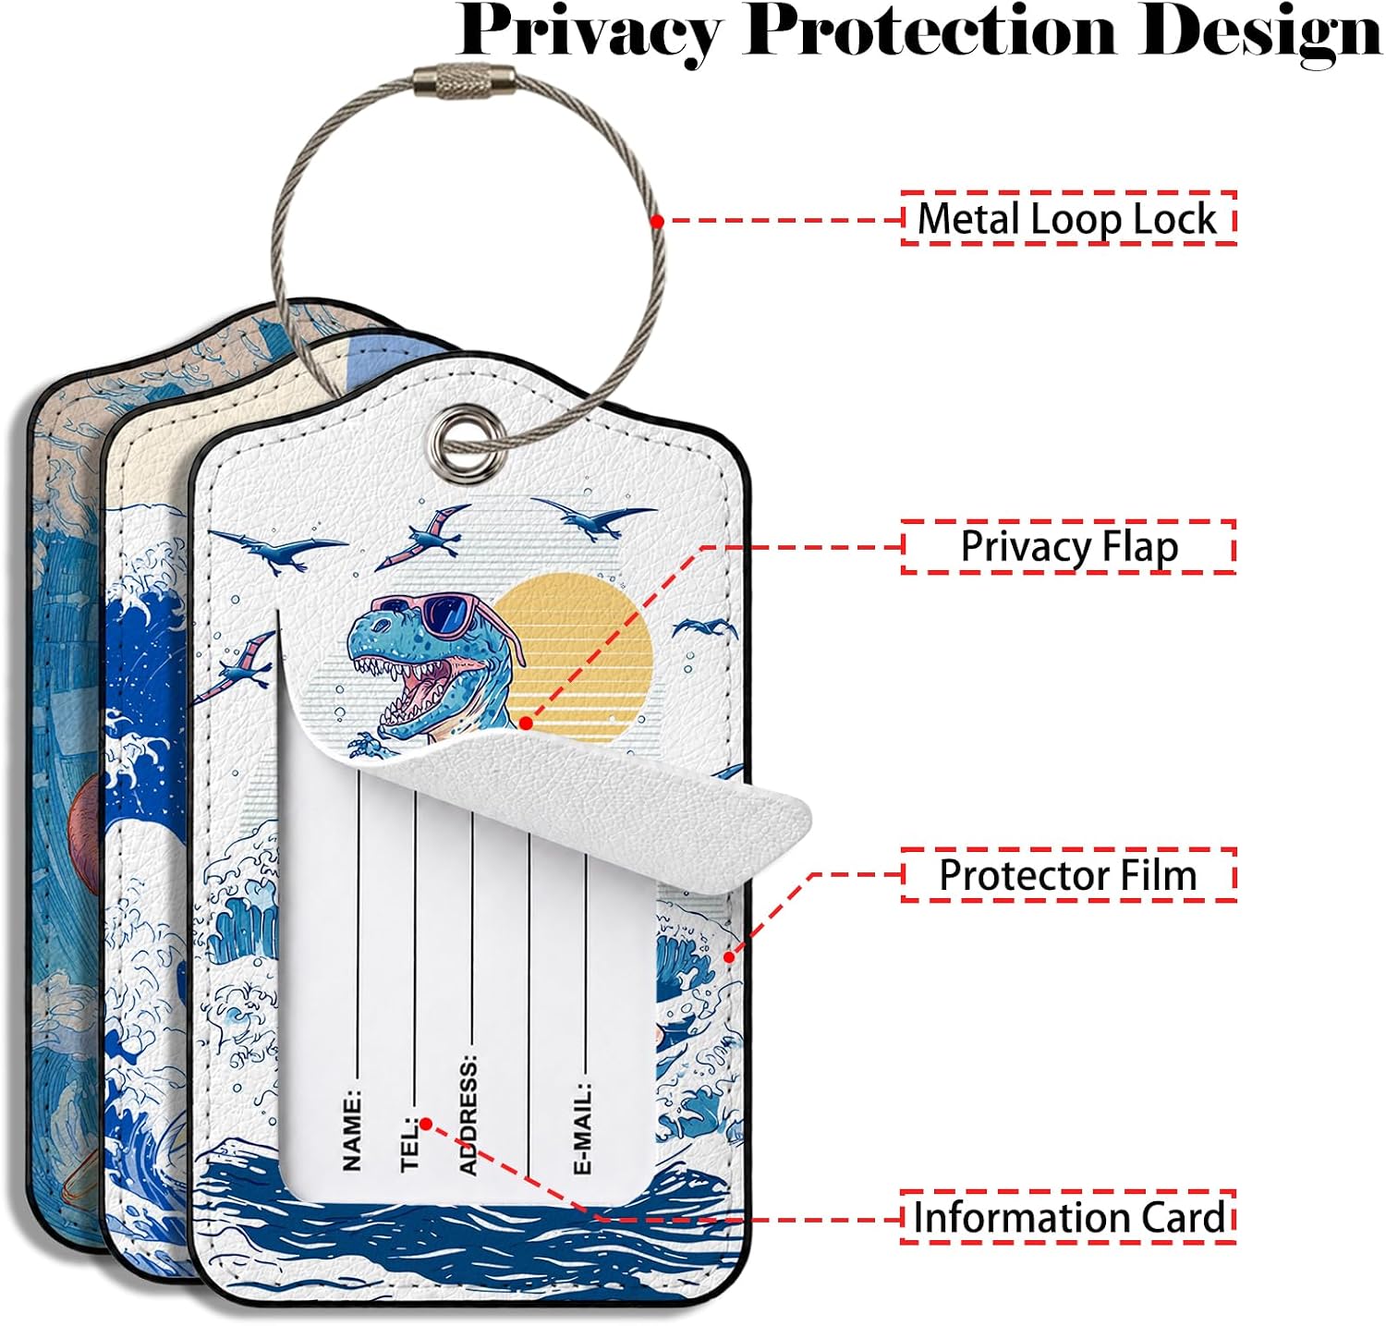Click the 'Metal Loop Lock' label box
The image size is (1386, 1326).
[1068, 219]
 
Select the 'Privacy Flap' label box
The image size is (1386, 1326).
[1068, 547]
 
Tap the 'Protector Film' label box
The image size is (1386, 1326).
[1068, 875]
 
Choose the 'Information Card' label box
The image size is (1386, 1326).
[1068, 1217]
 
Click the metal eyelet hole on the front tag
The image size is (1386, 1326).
[452, 433]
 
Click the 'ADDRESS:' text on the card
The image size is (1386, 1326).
[468, 1113]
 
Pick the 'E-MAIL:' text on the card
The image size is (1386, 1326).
[582, 1127]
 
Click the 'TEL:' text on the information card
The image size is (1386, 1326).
[410, 1142]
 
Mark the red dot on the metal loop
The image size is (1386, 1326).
[656, 222]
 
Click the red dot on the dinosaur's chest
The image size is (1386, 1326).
[526, 724]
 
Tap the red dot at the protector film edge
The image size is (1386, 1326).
[729, 957]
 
